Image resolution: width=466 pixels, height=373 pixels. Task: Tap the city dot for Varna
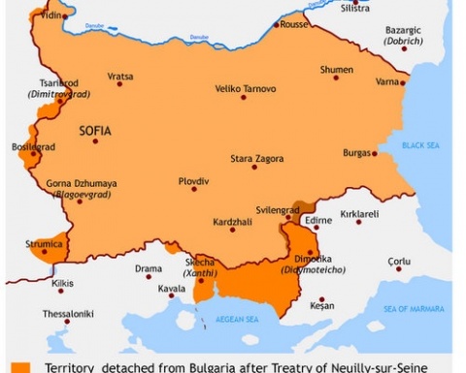point(402,83)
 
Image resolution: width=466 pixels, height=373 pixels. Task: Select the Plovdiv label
point(193,180)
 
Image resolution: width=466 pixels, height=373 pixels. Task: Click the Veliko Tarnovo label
point(246,89)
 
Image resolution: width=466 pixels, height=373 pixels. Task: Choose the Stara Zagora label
point(254,158)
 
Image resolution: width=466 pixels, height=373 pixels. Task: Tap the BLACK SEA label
point(421,145)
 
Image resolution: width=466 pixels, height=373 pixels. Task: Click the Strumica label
point(43,244)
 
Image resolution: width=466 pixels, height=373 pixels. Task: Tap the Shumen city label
point(337,70)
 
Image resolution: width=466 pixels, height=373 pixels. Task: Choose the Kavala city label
point(171,289)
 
